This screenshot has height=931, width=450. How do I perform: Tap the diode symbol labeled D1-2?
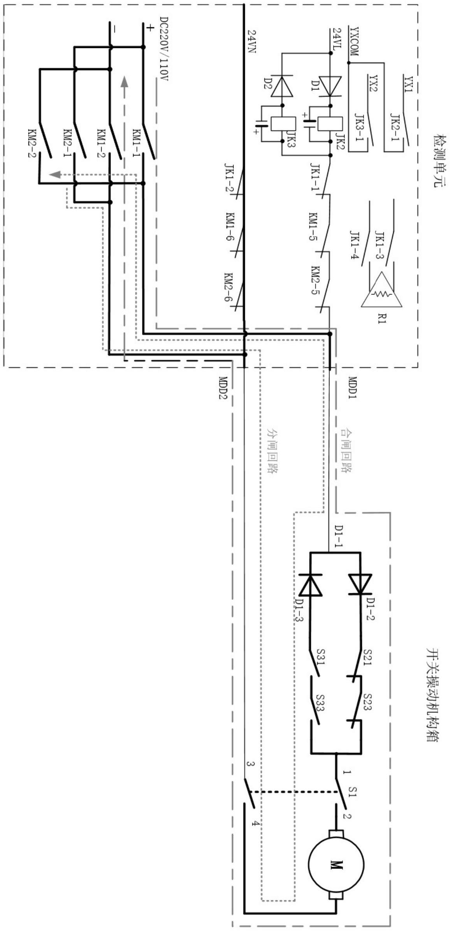360,584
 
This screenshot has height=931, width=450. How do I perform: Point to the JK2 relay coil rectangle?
330,124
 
